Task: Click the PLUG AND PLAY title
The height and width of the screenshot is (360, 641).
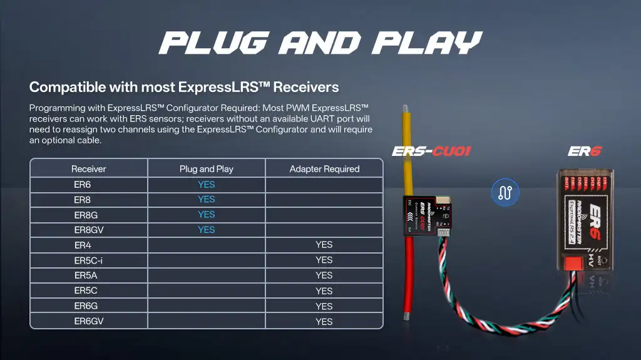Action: [320, 43]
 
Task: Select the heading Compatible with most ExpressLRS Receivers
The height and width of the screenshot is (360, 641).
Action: [184, 86]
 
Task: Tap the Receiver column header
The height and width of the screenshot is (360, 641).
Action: [89, 168]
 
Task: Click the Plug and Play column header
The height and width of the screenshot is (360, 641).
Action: [207, 168]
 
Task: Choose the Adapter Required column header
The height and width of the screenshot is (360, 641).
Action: [324, 168]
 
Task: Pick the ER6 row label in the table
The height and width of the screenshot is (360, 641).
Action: [83, 184]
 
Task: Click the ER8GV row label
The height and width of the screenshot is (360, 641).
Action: [89, 230]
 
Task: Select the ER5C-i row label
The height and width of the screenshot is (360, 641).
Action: [88, 260]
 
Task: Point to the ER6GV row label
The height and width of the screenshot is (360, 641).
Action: [89, 321]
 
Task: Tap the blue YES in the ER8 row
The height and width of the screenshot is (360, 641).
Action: [207, 199]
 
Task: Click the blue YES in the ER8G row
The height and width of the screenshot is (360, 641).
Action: [207, 214]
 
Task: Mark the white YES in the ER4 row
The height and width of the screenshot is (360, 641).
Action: [324, 245]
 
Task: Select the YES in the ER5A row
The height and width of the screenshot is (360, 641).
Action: [324, 275]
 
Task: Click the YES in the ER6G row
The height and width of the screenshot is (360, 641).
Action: [324, 306]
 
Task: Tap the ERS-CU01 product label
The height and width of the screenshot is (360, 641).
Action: [431, 151]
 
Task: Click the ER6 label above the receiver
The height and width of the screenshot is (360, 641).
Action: [585, 151]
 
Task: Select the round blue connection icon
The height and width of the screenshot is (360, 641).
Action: [505, 192]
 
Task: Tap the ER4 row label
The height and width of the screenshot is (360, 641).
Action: [83, 245]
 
